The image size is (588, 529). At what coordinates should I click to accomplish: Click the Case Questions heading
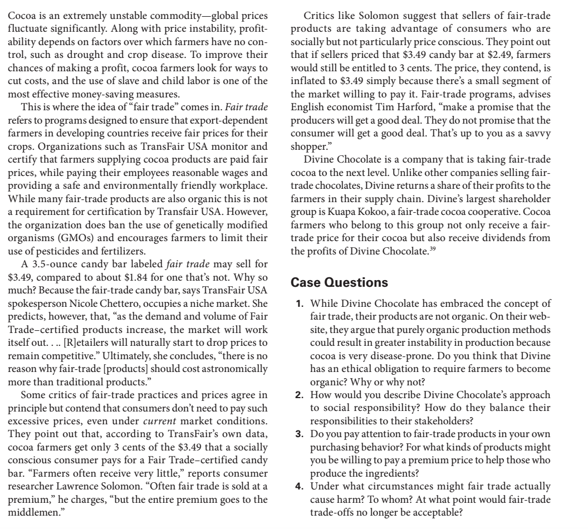coord(341,282)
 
